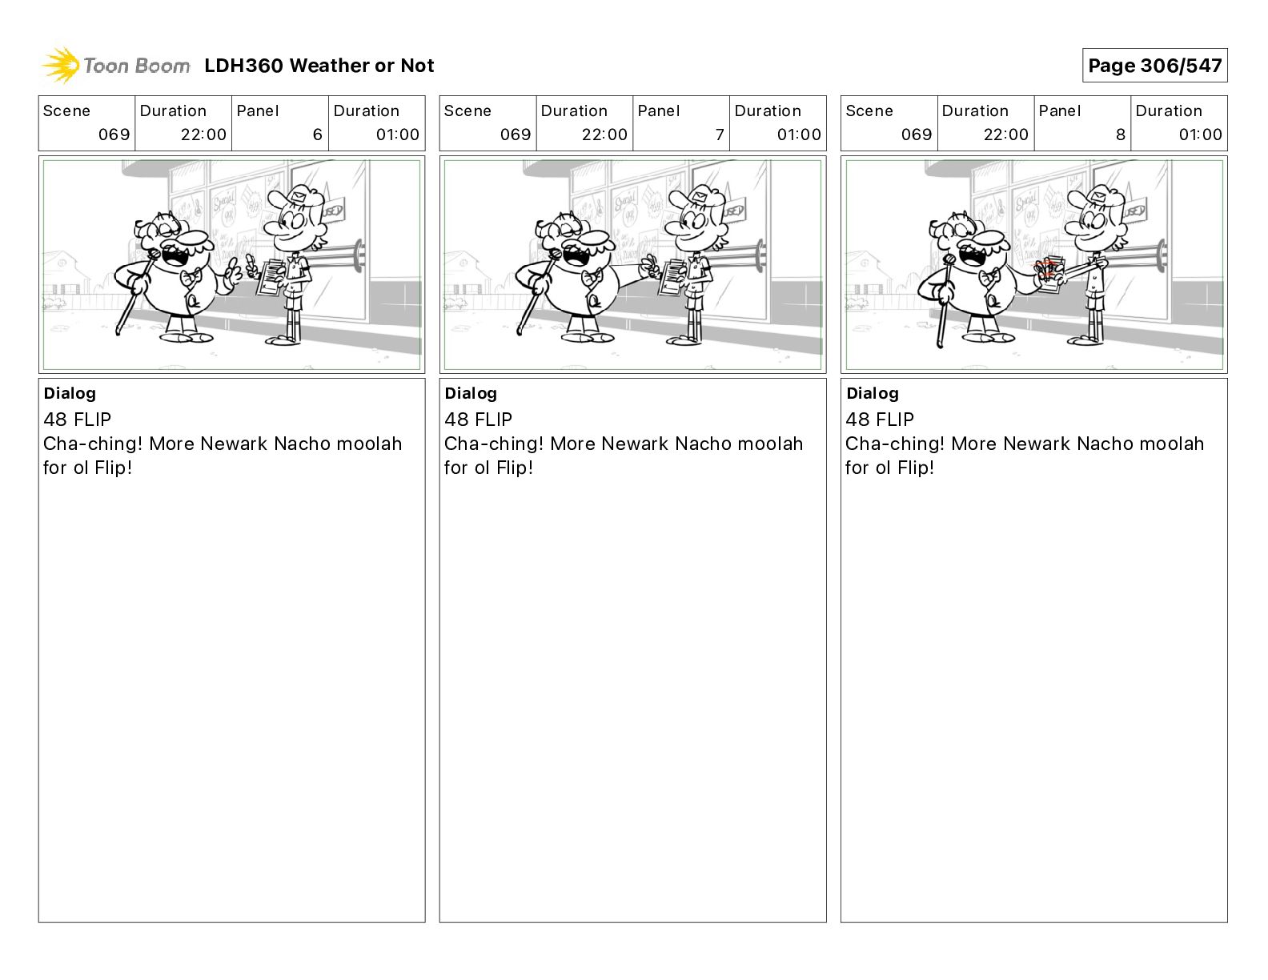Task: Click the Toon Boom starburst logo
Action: pyautogui.click(x=60, y=66)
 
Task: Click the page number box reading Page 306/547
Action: pyautogui.click(x=1154, y=66)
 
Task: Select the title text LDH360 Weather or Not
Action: pyautogui.click(x=319, y=66)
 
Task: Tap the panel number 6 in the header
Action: pyautogui.click(x=318, y=135)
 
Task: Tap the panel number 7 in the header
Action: pyautogui.click(x=720, y=135)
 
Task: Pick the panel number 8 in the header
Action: pyautogui.click(x=1121, y=135)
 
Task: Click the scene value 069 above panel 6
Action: pyautogui.click(x=114, y=135)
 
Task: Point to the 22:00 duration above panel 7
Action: pyautogui.click(x=604, y=135)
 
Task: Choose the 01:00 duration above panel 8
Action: pyautogui.click(x=1200, y=135)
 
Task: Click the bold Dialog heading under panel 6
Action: pyautogui.click(x=70, y=393)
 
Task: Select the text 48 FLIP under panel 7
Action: pyautogui.click(x=479, y=419)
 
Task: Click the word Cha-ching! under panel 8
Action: pyautogui.click(x=894, y=444)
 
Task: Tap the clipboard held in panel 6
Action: pyautogui.click(x=271, y=279)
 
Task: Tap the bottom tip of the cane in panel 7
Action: pyautogui.click(x=519, y=333)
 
